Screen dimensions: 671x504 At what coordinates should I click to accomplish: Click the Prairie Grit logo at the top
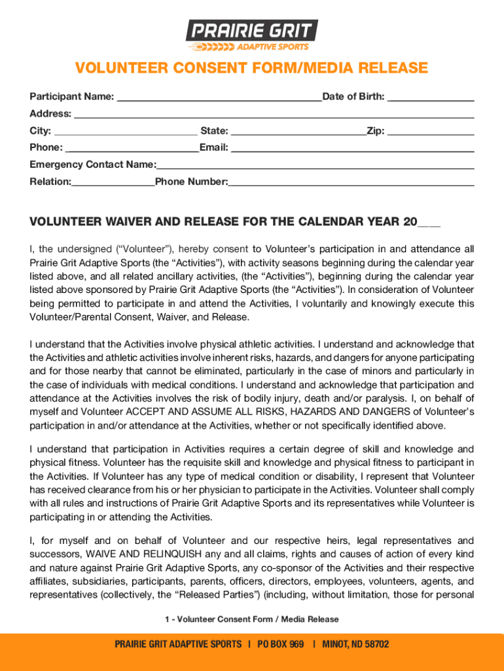[x=252, y=35]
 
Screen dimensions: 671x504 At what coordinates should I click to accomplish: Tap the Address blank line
[x=274, y=115]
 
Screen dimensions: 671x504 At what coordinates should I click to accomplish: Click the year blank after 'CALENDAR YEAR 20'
[x=429, y=223]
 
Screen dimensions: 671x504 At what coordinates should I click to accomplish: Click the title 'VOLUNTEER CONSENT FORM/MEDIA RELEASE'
[x=252, y=69]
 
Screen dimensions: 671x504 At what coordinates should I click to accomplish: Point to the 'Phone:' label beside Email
[x=46, y=147]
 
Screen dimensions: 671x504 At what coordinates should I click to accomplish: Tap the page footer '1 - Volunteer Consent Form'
[x=252, y=619]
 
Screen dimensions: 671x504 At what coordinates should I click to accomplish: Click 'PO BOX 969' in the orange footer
[x=281, y=644]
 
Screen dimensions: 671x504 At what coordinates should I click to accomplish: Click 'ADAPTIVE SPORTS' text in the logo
[x=272, y=47]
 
